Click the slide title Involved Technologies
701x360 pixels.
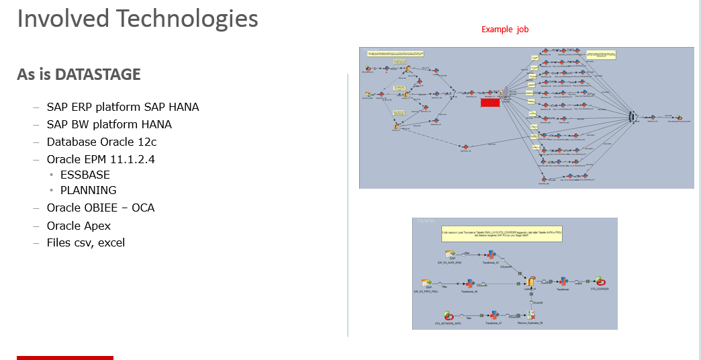pyautogui.click(x=138, y=19)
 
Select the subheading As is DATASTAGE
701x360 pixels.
pyautogui.click(x=79, y=75)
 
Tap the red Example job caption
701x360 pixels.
pyautogui.click(x=505, y=30)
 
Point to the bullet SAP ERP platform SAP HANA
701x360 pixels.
pyautogui.click(x=122, y=107)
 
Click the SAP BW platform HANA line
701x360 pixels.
pyautogui.click(x=109, y=124)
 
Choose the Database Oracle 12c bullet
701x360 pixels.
pyautogui.click(x=101, y=142)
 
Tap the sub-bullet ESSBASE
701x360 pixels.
pyautogui.click(x=85, y=175)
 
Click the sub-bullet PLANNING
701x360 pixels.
pyautogui.click(x=88, y=190)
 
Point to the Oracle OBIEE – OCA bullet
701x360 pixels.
pyautogui.click(x=100, y=208)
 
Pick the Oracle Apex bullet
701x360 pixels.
pyautogui.click(x=79, y=226)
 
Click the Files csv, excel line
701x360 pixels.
pyautogui.click(x=85, y=242)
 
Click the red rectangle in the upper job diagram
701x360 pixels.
pyautogui.click(x=490, y=103)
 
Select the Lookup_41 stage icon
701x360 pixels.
pyautogui.click(x=530, y=281)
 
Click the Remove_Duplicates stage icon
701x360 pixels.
pyautogui.click(x=530, y=314)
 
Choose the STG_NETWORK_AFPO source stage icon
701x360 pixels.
pyautogui.click(x=448, y=315)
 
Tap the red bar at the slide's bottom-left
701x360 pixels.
pyautogui.click(x=65, y=357)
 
